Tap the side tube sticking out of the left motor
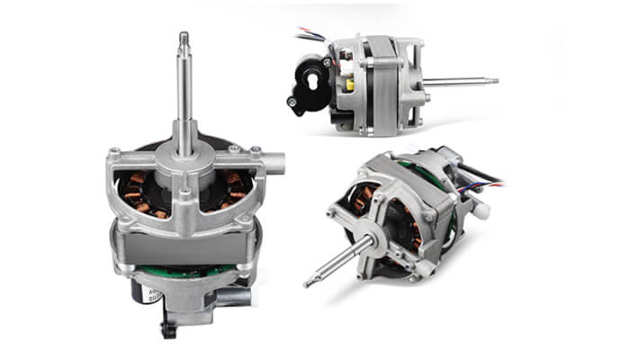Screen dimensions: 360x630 coord(274,164)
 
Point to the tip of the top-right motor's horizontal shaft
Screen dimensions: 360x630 coord(494,80)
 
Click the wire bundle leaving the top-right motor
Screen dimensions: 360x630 coord(307,37)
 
